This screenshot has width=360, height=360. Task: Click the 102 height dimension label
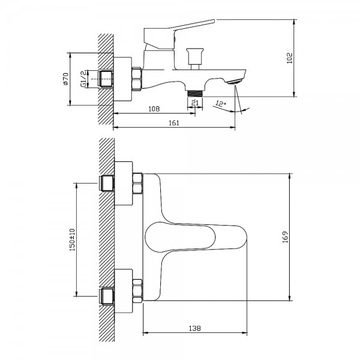click(290, 58)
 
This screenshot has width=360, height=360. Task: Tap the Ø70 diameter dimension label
click(65, 79)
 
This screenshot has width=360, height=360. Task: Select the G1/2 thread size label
click(83, 79)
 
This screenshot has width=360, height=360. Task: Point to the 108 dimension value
click(154, 109)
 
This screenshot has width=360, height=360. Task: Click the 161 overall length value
click(174, 123)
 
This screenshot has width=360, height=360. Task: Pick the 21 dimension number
click(195, 103)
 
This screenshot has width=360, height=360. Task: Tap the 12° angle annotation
click(221, 104)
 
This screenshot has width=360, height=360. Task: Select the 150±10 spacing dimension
click(72, 239)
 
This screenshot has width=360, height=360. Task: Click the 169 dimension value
click(285, 237)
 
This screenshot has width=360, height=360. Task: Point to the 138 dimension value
click(194, 329)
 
